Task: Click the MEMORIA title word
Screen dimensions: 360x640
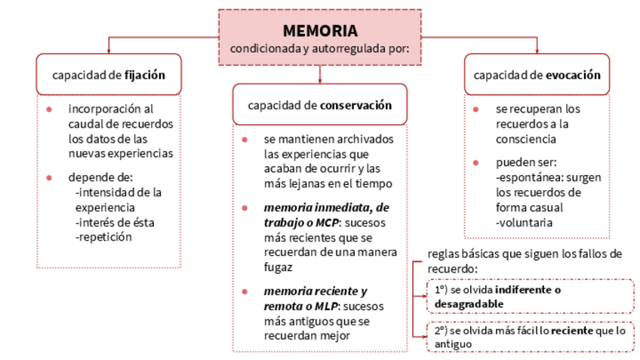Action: [x=320, y=31]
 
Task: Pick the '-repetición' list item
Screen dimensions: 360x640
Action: [x=104, y=236]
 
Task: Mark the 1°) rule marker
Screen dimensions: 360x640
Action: [x=442, y=290]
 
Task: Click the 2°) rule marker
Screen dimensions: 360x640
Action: [x=442, y=331]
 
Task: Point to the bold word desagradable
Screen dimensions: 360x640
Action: [x=469, y=303]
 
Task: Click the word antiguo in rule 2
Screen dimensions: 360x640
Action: [x=453, y=344]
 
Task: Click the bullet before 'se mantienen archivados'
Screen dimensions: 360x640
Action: [x=245, y=140]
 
